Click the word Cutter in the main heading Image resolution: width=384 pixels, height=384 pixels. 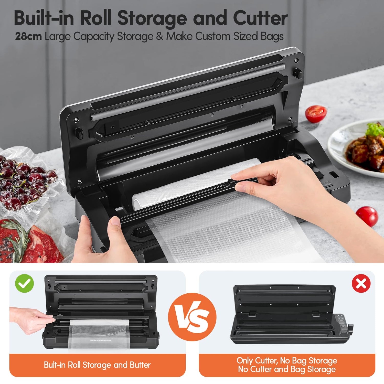pos(260,18)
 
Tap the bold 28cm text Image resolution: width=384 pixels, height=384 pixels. pos(28,36)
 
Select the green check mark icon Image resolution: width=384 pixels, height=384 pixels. pos(25,283)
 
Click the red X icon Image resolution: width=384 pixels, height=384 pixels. pos(361,283)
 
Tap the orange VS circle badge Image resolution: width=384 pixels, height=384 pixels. pos(192,317)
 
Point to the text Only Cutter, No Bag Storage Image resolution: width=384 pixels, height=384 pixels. pos(287,360)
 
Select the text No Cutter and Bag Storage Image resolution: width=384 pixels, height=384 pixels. pos(287,369)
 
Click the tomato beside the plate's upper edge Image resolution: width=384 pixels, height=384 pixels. pos(316,114)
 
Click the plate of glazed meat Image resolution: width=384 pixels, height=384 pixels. pos(357,148)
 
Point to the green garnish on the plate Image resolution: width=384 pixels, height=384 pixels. pos(375,130)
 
